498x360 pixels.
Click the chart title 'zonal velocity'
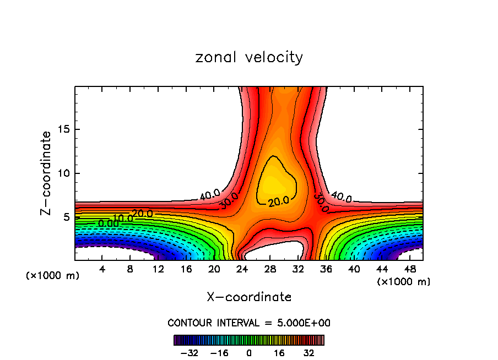tap(249, 57)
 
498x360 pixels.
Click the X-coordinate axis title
tap(249, 297)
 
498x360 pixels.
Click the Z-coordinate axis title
tap(47, 173)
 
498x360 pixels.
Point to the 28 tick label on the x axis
tap(269, 269)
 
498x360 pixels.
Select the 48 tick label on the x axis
tap(409, 269)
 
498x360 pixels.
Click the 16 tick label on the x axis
tap(186, 269)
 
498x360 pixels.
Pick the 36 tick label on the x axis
tap(325, 269)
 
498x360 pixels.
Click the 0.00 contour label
tap(108, 223)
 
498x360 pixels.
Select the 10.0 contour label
tap(123, 218)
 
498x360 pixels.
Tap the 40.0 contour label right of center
tap(342, 197)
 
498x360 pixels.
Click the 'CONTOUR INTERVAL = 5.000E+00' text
tap(249, 323)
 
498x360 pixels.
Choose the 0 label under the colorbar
tap(249, 352)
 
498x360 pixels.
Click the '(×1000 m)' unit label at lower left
tap(53, 276)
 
